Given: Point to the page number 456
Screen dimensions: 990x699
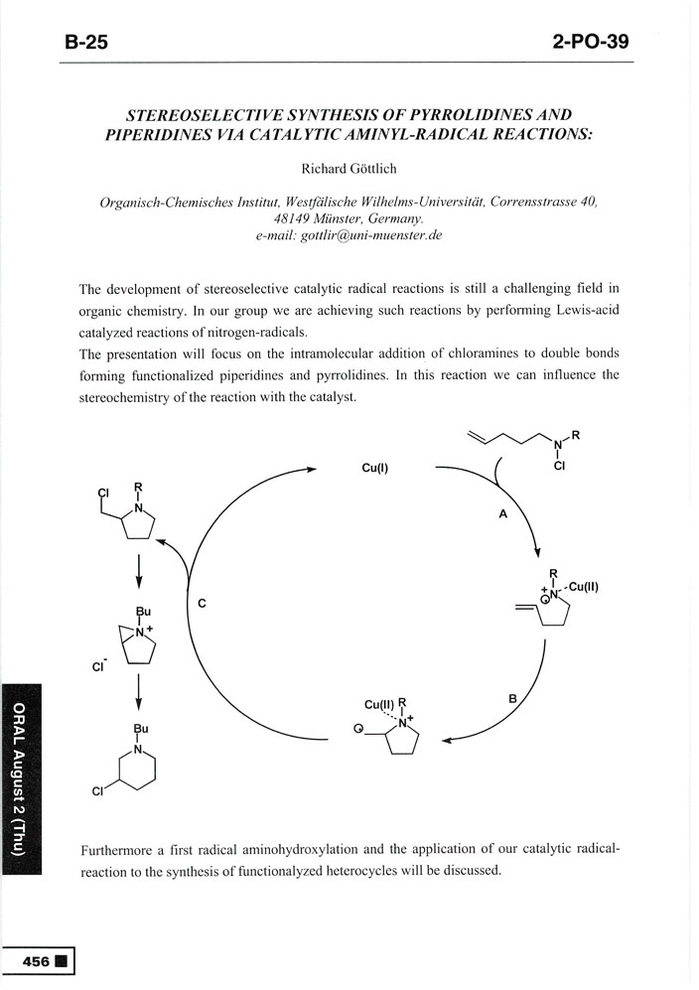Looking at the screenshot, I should coord(38,960).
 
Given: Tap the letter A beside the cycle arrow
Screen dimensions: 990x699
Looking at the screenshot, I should coord(502,515).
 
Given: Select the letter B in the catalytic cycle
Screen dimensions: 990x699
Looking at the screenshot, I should coord(513,698).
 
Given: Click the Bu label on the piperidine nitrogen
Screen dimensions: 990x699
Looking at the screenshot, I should coord(139,728).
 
